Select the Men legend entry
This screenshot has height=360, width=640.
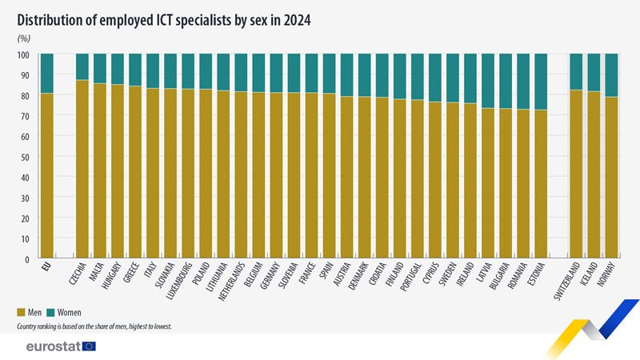[x=31, y=312]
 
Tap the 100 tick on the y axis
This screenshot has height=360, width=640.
[x=22, y=55]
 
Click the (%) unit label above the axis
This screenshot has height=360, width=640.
[x=23, y=38]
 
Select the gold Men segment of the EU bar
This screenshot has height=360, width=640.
[x=47, y=176]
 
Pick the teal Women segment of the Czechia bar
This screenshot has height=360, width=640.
[x=82, y=66]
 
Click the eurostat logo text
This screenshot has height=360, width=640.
[x=53, y=346]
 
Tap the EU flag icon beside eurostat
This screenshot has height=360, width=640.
[x=89, y=346]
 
